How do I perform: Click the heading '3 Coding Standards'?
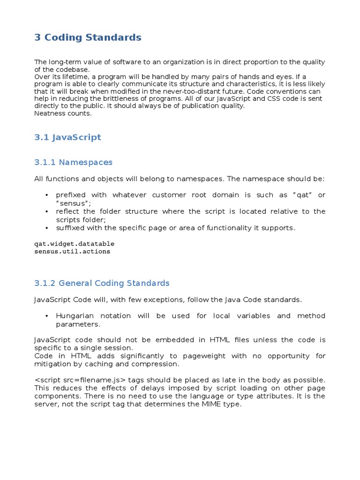88,37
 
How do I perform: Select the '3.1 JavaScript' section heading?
67,137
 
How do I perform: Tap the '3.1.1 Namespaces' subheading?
73,162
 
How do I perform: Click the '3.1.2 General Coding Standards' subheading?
102,283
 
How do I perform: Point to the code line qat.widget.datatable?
74,244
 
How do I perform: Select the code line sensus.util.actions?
72,251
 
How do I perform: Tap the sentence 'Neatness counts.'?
63,113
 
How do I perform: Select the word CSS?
223,99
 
